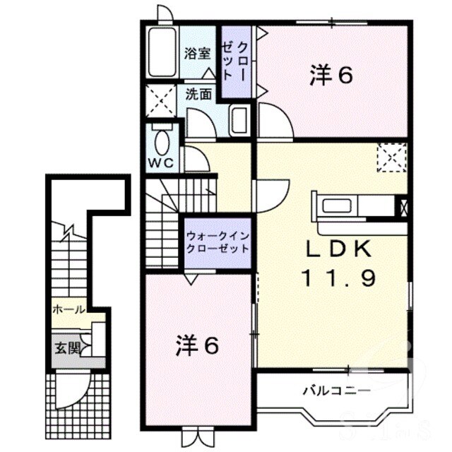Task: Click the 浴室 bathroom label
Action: (x=198, y=54)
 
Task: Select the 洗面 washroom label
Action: (x=198, y=94)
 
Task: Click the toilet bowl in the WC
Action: (x=162, y=142)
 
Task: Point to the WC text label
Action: (x=161, y=163)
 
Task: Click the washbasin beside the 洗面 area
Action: (x=239, y=121)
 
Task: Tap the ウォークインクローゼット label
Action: (x=218, y=242)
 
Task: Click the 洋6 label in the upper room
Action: (x=331, y=76)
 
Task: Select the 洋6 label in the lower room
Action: (x=198, y=345)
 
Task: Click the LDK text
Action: (x=338, y=249)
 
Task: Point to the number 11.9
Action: (x=338, y=278)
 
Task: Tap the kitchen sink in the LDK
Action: (x=337, y=206)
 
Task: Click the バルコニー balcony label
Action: (x=337, y=391)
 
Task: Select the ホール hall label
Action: (x=69, y=310)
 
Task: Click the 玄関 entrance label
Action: (x=67, y=348)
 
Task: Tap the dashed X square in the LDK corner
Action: (x=392, y=157)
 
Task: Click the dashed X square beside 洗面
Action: (x=161, y=100)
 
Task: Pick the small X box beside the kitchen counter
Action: (x=403, y=206)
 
